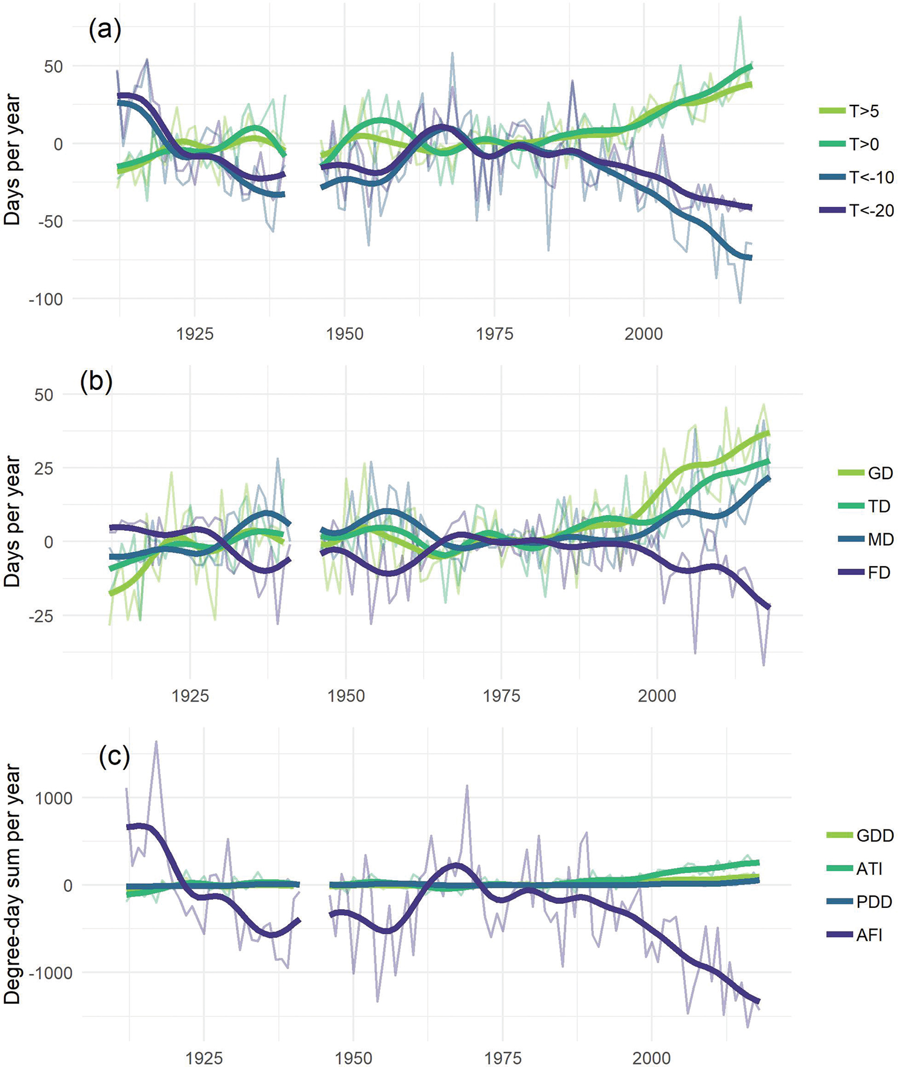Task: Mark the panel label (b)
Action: (x=96, y=382)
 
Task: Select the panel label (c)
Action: (x=114, y=757)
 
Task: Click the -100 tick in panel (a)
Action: (x=46, y=299)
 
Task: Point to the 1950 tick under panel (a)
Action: (x=345, y=334)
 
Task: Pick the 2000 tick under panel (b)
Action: (x=657, y=696)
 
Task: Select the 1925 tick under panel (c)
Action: (x=204, y=1058)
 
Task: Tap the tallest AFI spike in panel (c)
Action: (x=156, y=742)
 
